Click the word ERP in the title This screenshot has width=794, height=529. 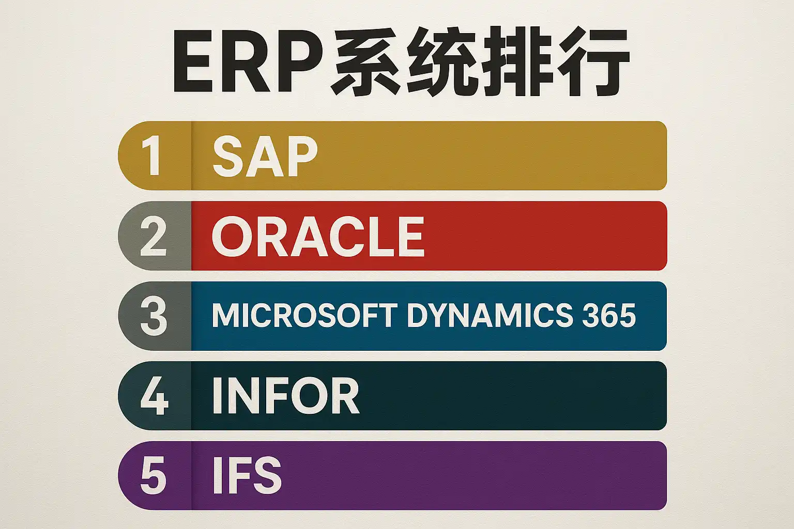248,62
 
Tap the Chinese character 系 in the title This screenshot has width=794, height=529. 365,61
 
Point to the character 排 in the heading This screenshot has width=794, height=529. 516,61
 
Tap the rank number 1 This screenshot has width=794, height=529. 151,155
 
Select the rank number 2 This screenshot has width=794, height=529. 153,236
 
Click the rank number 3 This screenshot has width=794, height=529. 154,316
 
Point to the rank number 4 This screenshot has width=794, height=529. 154,395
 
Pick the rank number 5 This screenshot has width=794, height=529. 154,475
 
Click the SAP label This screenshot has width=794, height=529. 265,156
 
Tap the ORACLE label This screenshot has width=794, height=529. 318,236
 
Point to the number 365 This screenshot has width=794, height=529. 608,315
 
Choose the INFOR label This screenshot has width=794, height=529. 286,395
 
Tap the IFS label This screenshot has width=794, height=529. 247,475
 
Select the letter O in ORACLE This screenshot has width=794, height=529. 232,236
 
